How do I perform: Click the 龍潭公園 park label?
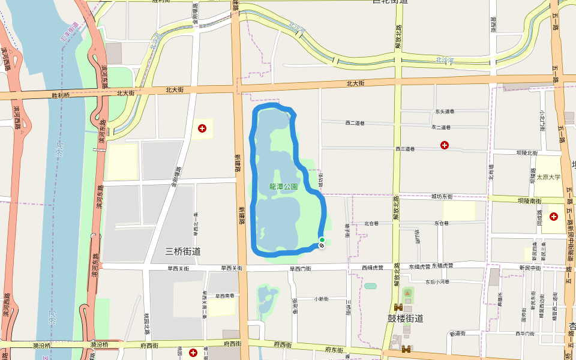(283, 187)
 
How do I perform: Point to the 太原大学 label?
(548, 178)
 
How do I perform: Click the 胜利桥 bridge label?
(61, 95)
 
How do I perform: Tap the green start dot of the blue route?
(322, 240)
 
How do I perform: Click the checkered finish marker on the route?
(322, 245)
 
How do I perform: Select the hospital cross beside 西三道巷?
(445, 145)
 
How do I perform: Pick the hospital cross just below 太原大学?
(553, 216)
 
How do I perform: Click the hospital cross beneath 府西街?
(193, 352)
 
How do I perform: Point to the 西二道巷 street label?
(355, 123)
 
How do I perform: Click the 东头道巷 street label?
(445, 111)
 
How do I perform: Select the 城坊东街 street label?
(442, 196)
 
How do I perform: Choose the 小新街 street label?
(323, 298)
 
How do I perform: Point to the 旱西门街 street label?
(301, 268)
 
